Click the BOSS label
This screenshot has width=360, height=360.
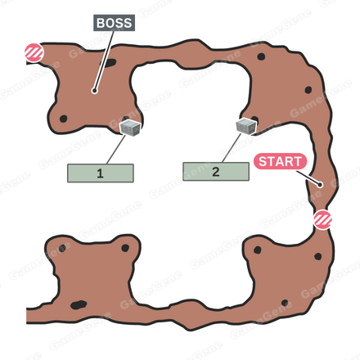click(114, 23)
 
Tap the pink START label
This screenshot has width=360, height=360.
click(280, 161)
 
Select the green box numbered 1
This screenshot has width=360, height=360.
click(101, 173)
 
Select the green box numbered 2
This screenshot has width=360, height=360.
click(216, 172)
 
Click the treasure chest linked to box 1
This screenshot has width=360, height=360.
click(130, 128)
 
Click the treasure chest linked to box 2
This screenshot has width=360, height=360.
click(246, 127)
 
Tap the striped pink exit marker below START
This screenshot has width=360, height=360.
click(322, 220)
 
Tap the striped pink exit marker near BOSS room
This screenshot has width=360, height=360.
click(34, 52)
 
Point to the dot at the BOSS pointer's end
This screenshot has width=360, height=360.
click(94, 91)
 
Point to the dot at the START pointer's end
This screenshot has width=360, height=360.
click(320, 185)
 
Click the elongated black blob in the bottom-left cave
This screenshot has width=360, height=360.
click(79, 304)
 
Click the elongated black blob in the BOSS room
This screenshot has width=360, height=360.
click(110, 63)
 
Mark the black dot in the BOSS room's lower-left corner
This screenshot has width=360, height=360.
click(64, 119)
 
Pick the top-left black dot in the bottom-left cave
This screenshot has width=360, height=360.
click(62, 248)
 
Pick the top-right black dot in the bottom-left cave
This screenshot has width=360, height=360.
click(125, 248)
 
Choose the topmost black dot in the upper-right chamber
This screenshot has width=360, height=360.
click(261, 56)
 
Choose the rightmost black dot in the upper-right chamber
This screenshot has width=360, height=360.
click(308, 90)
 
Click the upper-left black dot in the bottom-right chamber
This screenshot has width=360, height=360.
click(258, 250)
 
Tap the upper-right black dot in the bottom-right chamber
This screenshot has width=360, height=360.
click(318, 256)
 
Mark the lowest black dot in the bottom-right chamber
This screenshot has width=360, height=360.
click(285, 303)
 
